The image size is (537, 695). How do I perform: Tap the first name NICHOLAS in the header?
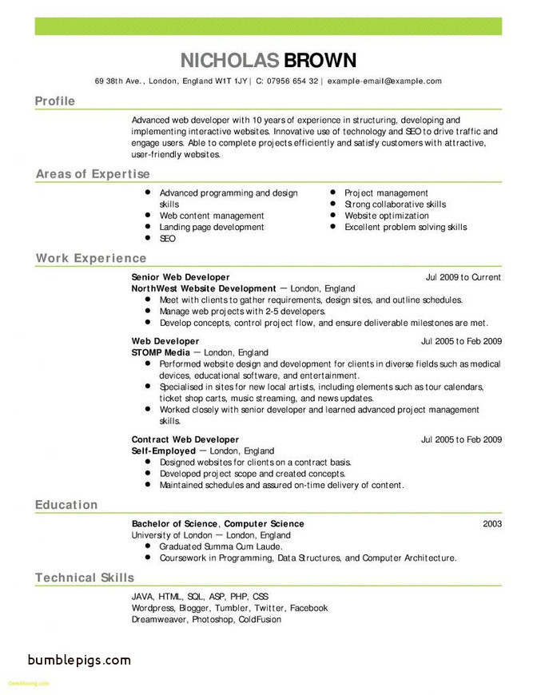tap(229, 60)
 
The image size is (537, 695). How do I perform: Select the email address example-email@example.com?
tap(384, 81)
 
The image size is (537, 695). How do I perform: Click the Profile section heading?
tap(55, 101)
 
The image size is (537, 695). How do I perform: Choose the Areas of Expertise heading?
tap(93, 174)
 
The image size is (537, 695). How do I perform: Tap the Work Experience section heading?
tap(91, 259)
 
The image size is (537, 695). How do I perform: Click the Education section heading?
tap(66, 505)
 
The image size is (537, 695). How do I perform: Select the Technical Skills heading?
tap(85, 578)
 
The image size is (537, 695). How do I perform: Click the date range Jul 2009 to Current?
tap(463, 277)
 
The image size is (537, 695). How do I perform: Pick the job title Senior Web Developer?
tap(180, 277)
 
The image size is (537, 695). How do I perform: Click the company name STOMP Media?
tap(161, 352)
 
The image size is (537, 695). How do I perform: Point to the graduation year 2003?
tap(492, 524)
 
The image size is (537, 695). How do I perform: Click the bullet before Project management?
tap(332, 193)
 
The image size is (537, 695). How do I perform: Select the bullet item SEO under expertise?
tap(167, 238)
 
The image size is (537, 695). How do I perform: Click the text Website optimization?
tap(387, 216)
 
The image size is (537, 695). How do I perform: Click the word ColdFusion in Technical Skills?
tap(259, 619)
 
